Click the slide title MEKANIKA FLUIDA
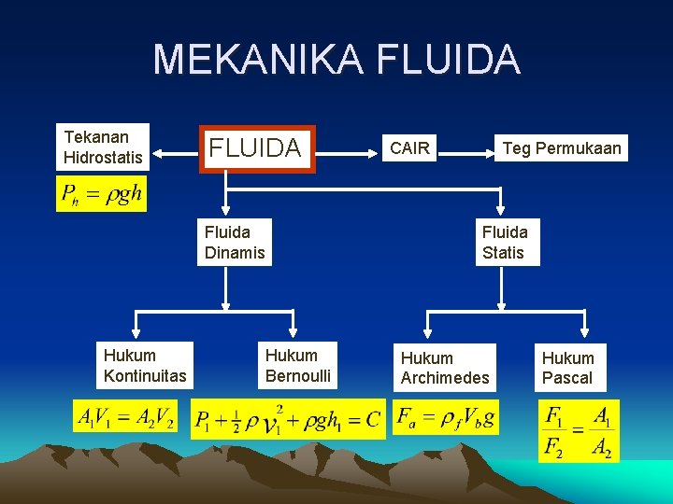coord(336,60)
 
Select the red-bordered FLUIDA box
coord(255,148)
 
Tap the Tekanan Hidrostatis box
coord(104,147)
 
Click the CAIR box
coord(409,147)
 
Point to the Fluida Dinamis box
coord(235,243)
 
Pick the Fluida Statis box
coord(504,243)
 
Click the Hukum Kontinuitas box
coord(145,366)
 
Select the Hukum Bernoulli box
coord(298,366)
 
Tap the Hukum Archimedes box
coord(445,368)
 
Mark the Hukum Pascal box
coord(567,368)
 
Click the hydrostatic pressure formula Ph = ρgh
coord(101,194)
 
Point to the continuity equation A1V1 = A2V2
coord(126,417)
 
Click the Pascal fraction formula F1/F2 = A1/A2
coord(578,430)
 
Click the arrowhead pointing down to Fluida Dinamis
coord(224,211)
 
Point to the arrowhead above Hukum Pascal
coord(585,329)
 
